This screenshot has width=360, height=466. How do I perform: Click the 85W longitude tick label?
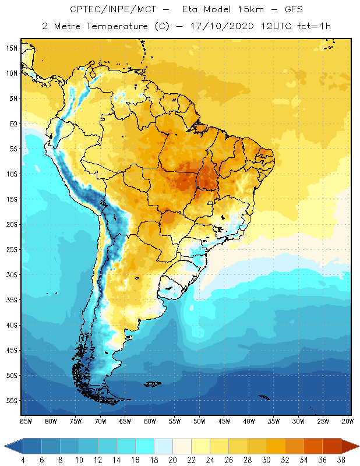(x=26, y=421)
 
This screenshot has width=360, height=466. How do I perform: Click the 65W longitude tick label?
(x=125, y=421)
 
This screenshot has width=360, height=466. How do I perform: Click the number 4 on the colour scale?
(x=23, y=460)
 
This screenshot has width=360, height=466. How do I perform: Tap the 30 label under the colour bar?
(x=248, y=460)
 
